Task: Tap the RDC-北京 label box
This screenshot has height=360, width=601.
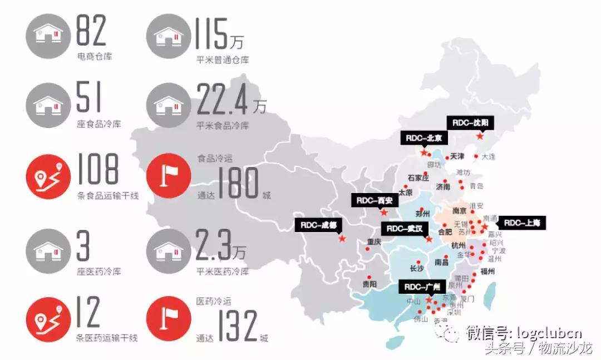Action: click(423, 138)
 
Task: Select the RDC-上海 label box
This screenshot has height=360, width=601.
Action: click(522, 223)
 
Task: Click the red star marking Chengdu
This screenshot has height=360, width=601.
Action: click(342, 239)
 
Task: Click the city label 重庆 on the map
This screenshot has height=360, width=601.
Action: click(373, 242)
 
